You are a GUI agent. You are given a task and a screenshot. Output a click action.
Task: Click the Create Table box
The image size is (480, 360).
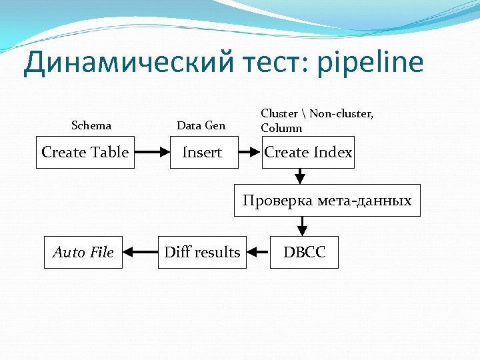click(84, 152)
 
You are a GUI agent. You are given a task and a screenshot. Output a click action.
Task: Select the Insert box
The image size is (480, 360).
click(202, 152)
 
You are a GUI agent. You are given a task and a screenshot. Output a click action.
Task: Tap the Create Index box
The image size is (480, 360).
click(307, 152)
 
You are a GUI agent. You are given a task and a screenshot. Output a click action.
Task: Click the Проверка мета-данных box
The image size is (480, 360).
click(327, 200)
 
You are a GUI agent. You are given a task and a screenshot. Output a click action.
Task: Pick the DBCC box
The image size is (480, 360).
click(303, 252)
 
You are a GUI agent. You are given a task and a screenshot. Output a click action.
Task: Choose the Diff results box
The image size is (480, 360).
click(202, 252)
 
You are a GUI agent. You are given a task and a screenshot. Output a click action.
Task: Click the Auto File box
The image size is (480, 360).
click(83, 252)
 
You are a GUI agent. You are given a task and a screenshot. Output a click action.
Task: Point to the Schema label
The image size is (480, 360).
click(91, 125)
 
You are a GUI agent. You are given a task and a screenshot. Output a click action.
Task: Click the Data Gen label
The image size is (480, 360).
click(201, 125)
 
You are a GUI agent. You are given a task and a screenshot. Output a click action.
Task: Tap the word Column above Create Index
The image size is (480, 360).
click(281, 128)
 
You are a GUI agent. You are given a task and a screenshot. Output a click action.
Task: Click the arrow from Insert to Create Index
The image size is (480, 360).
click(247, 152)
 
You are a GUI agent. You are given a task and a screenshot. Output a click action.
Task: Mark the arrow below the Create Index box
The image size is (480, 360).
click(299, 176)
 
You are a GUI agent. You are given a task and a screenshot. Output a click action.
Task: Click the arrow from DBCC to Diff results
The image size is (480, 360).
click(258, 252)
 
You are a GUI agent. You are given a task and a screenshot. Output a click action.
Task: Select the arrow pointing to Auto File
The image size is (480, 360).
click(139, 252)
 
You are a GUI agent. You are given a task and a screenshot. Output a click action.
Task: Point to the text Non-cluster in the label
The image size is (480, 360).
click(341, 113)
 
